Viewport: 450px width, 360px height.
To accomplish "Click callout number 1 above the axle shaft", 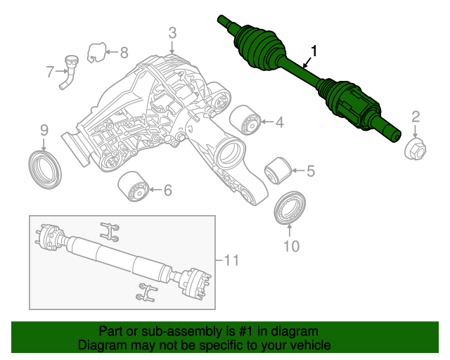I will (314, 51).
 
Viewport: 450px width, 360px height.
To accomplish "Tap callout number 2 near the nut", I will (416, 117).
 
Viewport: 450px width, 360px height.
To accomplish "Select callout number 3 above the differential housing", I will (172, 32).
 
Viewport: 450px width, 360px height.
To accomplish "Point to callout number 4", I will (279, 123).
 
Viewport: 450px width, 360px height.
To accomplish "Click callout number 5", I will (310, 170).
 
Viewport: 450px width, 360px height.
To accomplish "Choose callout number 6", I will (167, 190).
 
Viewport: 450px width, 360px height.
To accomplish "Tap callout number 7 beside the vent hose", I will (50, 71).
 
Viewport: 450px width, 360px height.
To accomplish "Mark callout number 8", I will (124, 52).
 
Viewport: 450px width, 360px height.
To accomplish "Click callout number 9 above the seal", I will (44, 130).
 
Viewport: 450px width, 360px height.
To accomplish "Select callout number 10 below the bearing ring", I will (291, 245).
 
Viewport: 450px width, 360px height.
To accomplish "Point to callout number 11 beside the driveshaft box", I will (231, 261).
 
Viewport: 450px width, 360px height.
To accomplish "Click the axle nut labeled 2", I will (415, 148).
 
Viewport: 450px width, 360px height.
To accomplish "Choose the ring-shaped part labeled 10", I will (290, 207).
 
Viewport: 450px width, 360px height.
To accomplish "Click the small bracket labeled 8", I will (96, 51).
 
